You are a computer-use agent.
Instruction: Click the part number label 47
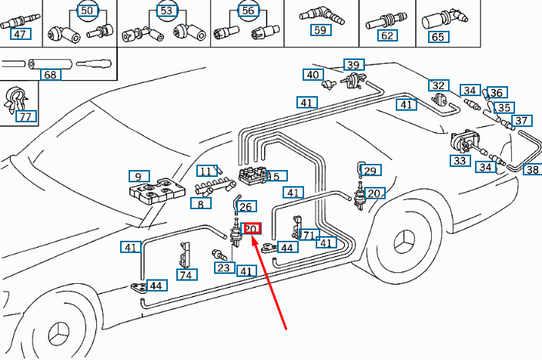pos(19,35)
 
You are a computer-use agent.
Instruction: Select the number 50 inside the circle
pos(86,11)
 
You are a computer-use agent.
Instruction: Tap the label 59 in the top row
pos(320,31)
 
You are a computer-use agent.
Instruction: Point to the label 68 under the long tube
pos(50,75)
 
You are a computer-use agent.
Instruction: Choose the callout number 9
pos(139,176)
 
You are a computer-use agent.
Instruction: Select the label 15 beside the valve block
pos(275,176)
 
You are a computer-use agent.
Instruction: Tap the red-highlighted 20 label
pos(253,228)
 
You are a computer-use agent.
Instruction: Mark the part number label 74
pos(186,275)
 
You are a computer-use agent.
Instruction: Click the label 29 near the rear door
pos(371,171)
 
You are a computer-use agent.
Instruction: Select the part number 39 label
pos(353,65)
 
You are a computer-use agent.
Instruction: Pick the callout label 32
pos(439,85)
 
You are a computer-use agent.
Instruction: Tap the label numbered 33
pos(460,161)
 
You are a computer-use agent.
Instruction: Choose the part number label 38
pos(532,170)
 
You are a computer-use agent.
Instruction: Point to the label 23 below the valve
pos(223,268)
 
